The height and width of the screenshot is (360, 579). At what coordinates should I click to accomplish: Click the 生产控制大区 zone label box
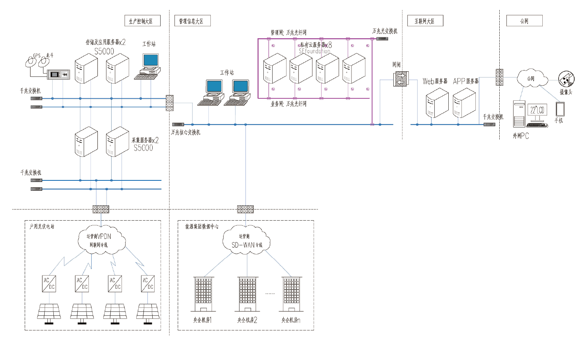pos(142,21)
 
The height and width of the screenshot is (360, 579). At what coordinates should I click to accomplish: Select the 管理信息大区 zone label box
pos(192,21)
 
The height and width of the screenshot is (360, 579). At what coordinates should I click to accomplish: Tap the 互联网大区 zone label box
pos(425,21)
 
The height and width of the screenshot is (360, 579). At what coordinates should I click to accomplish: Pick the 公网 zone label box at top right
pos(524,21)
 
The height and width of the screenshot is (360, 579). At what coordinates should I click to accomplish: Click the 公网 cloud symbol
pos(532,78)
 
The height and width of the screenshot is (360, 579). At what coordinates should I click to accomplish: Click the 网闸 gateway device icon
pos(400,79)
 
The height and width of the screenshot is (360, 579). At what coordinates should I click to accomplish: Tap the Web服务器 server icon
pos(437,103)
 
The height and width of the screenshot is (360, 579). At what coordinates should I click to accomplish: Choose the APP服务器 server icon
pos(464,103)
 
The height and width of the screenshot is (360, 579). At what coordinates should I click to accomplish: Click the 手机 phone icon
pos(560,110)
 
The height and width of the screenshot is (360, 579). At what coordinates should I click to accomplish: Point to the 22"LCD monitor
pos(537,112)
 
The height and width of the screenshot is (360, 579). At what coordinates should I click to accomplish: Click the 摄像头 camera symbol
pos(566,79)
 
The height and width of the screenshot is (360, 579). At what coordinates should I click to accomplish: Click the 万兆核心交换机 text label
pos(186,132)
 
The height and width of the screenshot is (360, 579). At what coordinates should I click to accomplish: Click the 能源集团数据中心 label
pos(202,227)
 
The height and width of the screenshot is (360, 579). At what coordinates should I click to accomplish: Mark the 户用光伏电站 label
pos(42,227)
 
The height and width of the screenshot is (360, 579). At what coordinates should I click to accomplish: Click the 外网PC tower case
pos(519,114)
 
